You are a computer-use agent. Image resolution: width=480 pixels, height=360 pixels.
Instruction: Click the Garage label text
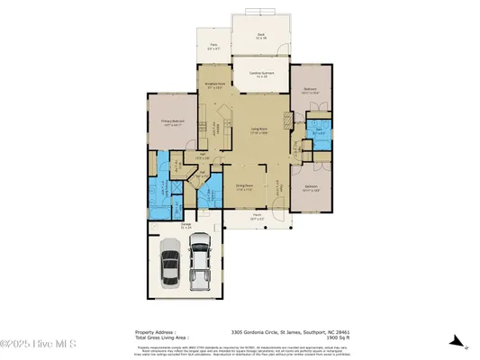(x=186, y=226)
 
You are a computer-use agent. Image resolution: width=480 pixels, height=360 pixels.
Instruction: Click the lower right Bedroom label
(x=310, y=190)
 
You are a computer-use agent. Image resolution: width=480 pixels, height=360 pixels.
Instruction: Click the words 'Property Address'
(x=155, y=330)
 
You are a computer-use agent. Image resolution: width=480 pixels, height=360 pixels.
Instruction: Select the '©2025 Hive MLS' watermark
(x=38, y=344)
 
